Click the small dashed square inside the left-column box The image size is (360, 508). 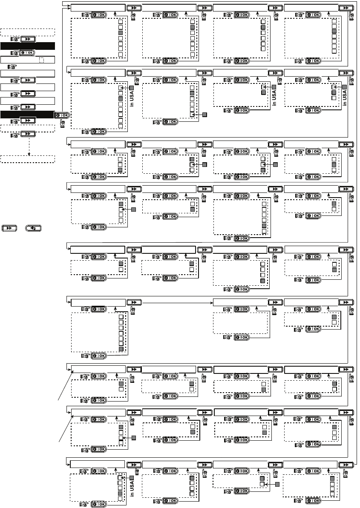pyautogui.click(x=40, y=60)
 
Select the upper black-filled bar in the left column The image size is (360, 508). pyautogui.click(x=28, y=46)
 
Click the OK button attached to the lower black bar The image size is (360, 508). pyautogui.click(x=61, y=115)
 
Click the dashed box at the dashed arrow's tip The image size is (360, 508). pyautogui.click(x=28, y=159)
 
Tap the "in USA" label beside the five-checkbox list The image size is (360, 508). pyautogui.click(x=132, y=486)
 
